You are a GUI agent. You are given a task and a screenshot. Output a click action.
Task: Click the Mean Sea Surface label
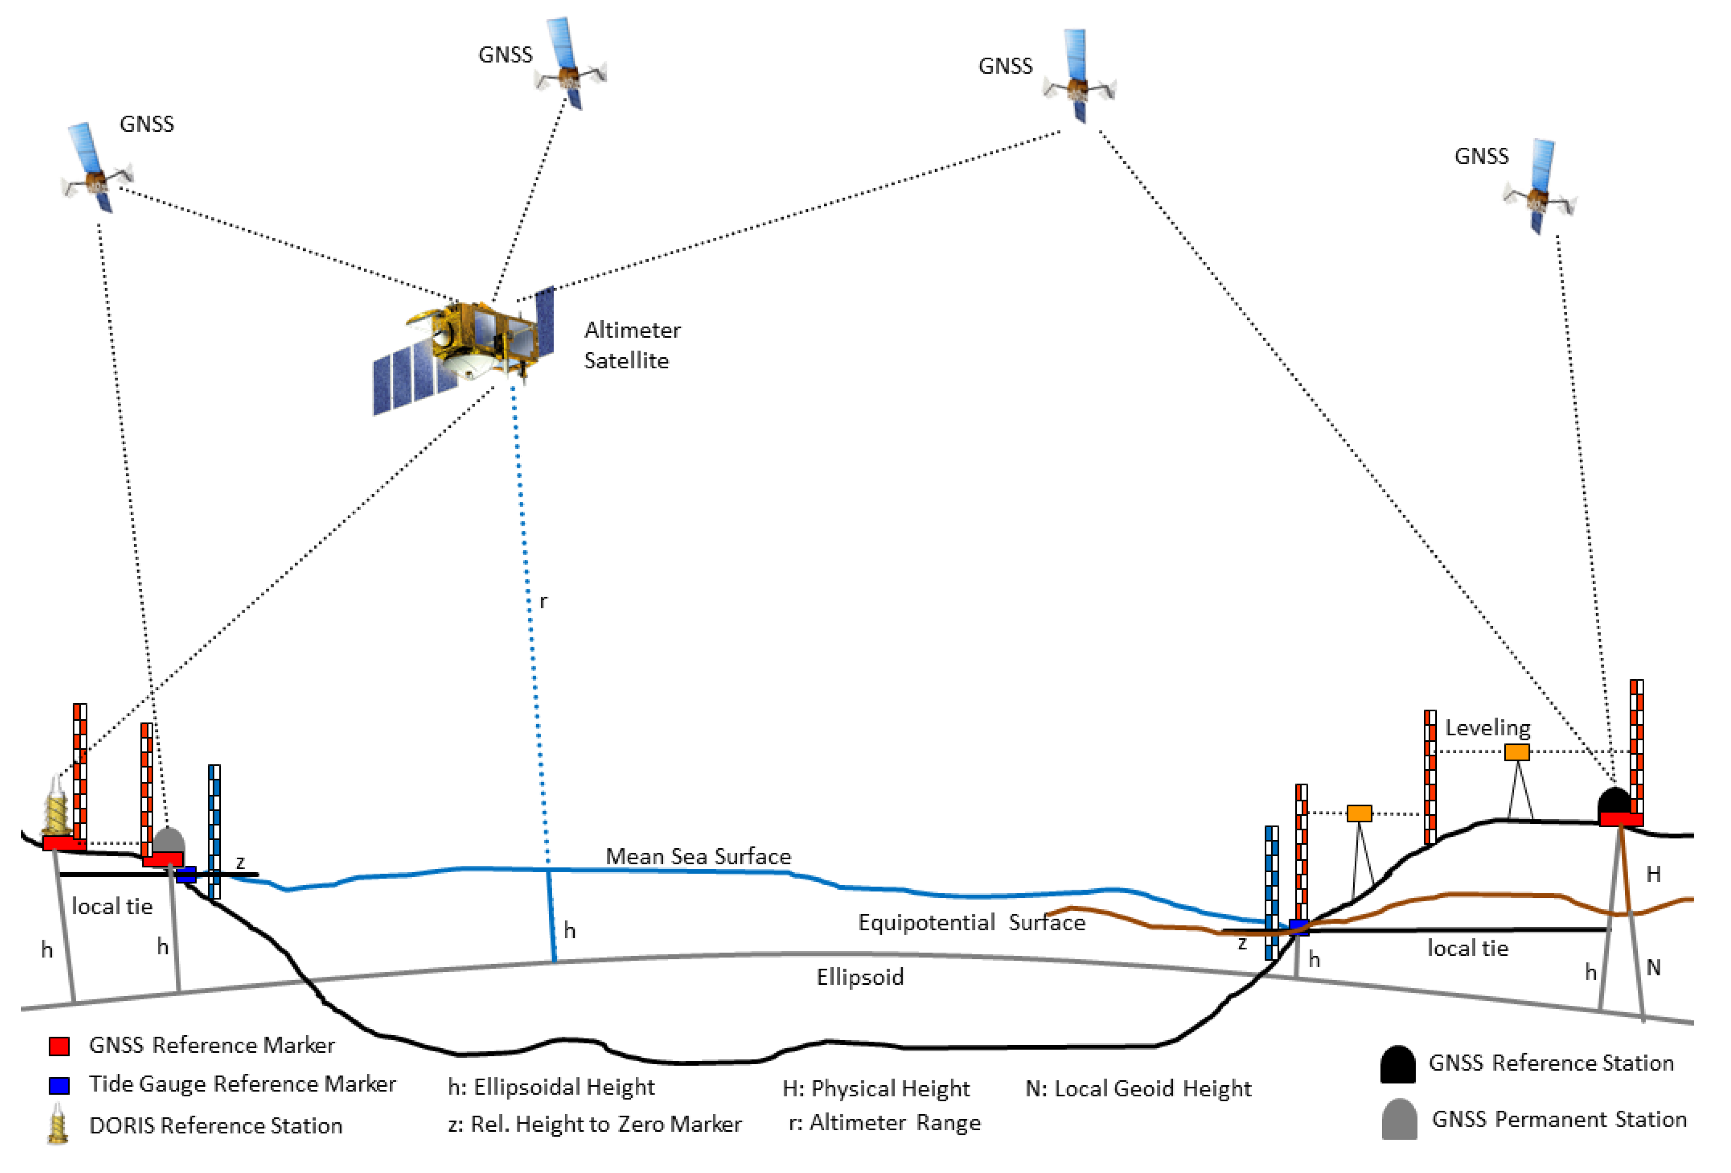pos(697,856)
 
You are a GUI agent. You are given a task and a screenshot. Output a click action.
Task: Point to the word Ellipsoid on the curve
pos(860,977)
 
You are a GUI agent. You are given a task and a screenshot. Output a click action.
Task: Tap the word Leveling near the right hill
pos(1487,727)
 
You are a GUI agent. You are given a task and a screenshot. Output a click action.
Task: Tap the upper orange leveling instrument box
pos(1517,752)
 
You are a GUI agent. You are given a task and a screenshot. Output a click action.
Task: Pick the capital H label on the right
pos(1653,874)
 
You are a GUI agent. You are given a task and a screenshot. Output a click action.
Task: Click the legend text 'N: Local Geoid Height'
pos(1137,1089)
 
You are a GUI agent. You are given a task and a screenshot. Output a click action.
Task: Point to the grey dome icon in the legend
pos(1399,1119)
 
